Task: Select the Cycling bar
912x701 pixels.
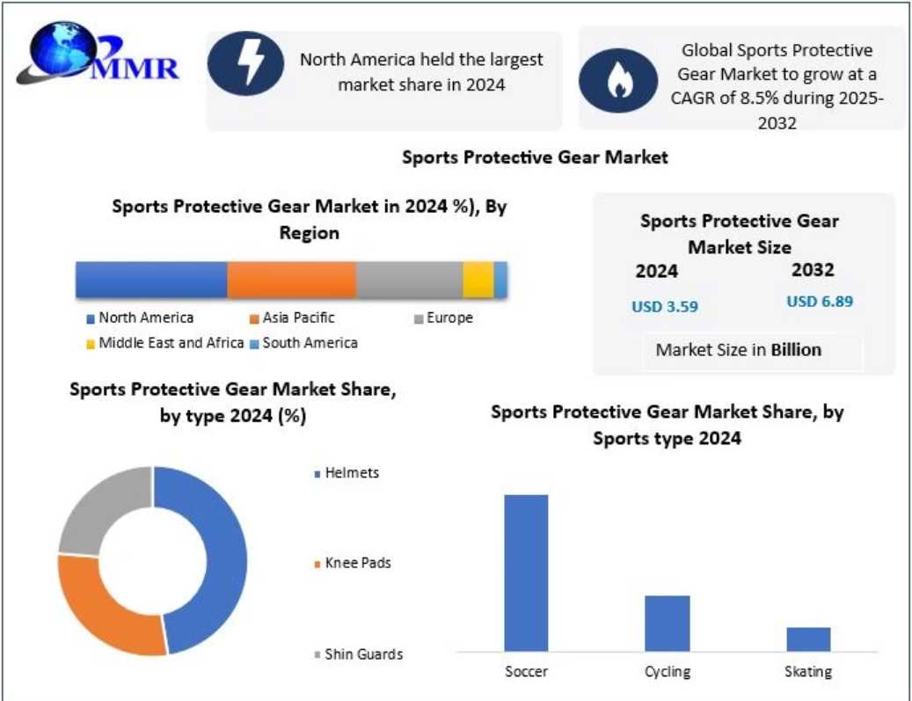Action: (667, 623)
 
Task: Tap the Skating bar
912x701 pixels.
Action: (808, 639)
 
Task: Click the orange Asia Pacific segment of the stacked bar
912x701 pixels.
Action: (291, 280)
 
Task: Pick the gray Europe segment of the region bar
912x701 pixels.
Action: (409, 280)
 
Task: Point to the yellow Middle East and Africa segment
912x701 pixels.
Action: (478, 280)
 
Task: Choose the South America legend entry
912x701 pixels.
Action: (310, 343)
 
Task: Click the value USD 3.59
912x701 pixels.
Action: (665, 307)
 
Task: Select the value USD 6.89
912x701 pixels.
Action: (820, 302)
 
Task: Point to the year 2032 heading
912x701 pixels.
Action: (813, 270)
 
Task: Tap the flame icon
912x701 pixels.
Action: (617, 81)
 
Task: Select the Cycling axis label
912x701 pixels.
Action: (667, 672)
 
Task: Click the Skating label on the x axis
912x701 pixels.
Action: (808, 672)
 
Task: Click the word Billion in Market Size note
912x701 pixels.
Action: (796, 350)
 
